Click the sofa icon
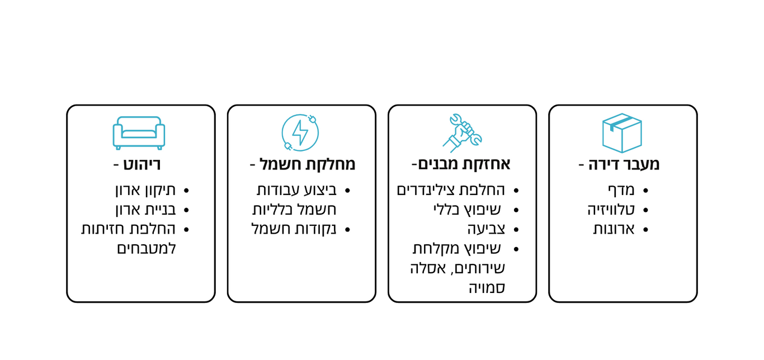point(139,133)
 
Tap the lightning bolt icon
point(300,132)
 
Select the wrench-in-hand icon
point(462,133)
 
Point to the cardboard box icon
point(622,133)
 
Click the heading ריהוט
point(142,164)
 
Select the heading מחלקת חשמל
point(307,164)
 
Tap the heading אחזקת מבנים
point(464,164)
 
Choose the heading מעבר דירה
point(624,164)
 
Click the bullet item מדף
point(621,190)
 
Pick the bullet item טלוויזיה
point(611,210)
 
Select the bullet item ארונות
point(614,229)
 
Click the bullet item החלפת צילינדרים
point(451,190)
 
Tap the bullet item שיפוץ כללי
point(467,210)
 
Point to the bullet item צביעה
point(486,229)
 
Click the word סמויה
point(487,288)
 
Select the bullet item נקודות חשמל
point(294,229)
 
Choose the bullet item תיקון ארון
point(145,190)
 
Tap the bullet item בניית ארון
point(145,210)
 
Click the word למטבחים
point(147,249)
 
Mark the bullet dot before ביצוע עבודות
point(347,191)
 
